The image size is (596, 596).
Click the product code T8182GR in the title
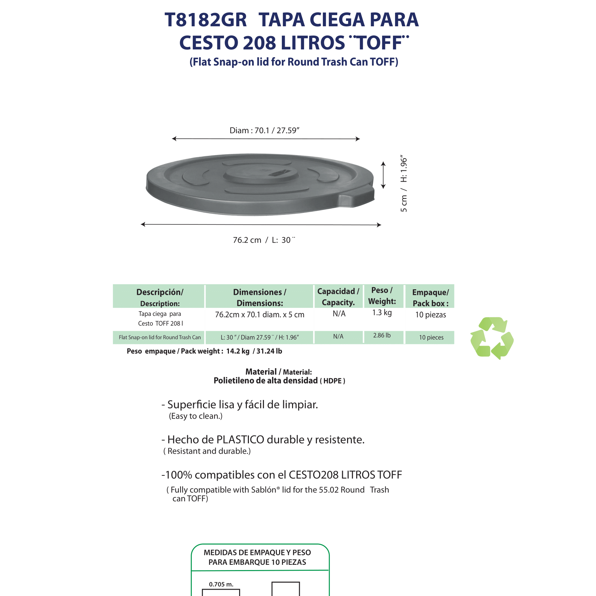[x=206, y=20]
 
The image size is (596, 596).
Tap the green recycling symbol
[x=492, y=338]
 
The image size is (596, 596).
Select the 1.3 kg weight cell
[x=382, y=313]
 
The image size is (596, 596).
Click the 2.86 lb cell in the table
[x=382, y=336]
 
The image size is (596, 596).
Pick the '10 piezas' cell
[x=431, y=315]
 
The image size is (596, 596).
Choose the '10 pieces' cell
[x=431, y=338]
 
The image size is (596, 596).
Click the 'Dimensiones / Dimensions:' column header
[x=259, y=297]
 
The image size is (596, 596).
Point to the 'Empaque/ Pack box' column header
[x=431, y=298]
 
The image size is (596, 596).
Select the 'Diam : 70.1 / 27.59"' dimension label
[x=264, y=131]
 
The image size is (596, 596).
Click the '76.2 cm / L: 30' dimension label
[x=264, y=240]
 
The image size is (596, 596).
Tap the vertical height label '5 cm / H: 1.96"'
[x=404, y=183]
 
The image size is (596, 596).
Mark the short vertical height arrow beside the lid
[x=383, y=175]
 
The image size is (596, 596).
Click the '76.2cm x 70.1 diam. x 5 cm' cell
[x=259, y=315]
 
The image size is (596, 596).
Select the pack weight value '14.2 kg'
[x=238, y=351]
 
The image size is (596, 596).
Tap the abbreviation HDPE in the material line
[x=332, y=381]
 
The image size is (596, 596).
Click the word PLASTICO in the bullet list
[x=240, y=440]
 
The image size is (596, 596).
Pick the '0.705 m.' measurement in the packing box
[x=221, y=584]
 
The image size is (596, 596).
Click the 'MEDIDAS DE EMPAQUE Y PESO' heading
[x=257, y=553]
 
